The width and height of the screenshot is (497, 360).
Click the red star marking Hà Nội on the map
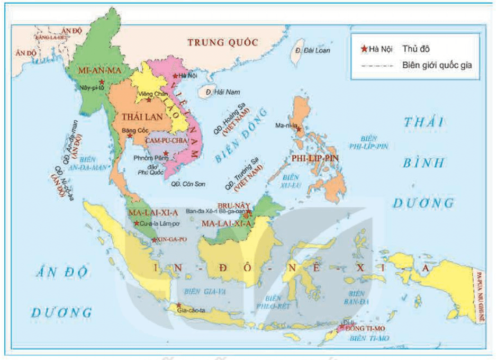(175, 76)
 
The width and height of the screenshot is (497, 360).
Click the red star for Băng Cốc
(130, 136)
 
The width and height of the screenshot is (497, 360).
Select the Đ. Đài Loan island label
(313, 50)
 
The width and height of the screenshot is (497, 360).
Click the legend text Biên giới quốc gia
(437, 66)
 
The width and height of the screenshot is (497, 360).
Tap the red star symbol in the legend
(364, 49)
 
